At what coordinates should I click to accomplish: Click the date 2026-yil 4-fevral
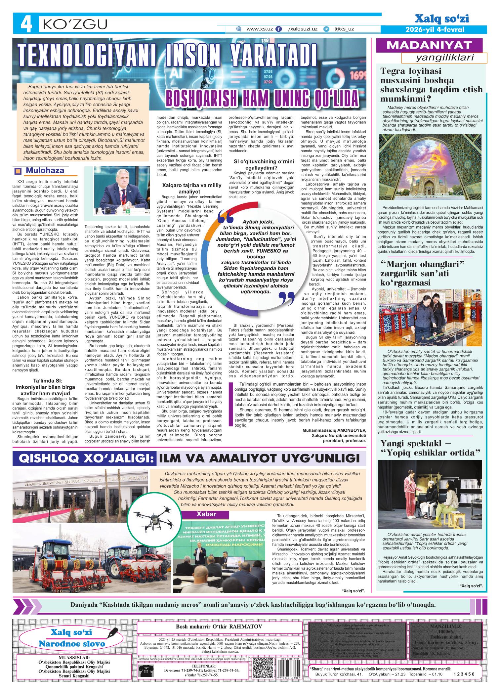pyautogui.click(x=435, y=30)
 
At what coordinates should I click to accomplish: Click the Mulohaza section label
pyautogui.click(x=45, y=171)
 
